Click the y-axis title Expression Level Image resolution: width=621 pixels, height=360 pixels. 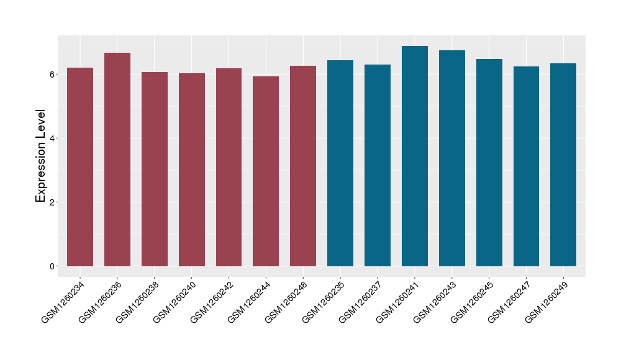point(41,156)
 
